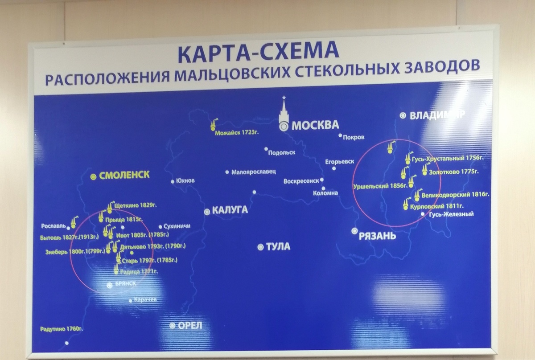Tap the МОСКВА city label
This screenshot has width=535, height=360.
[x=315, y=126]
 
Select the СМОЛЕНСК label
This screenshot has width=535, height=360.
[x=124, y=176]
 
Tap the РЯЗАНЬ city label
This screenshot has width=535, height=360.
[x=377, y=235]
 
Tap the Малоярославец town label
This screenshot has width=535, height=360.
[x=255, y=172]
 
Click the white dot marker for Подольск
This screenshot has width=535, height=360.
[x=266, y=150]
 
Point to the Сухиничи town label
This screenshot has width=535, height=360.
[x=178, y=226]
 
